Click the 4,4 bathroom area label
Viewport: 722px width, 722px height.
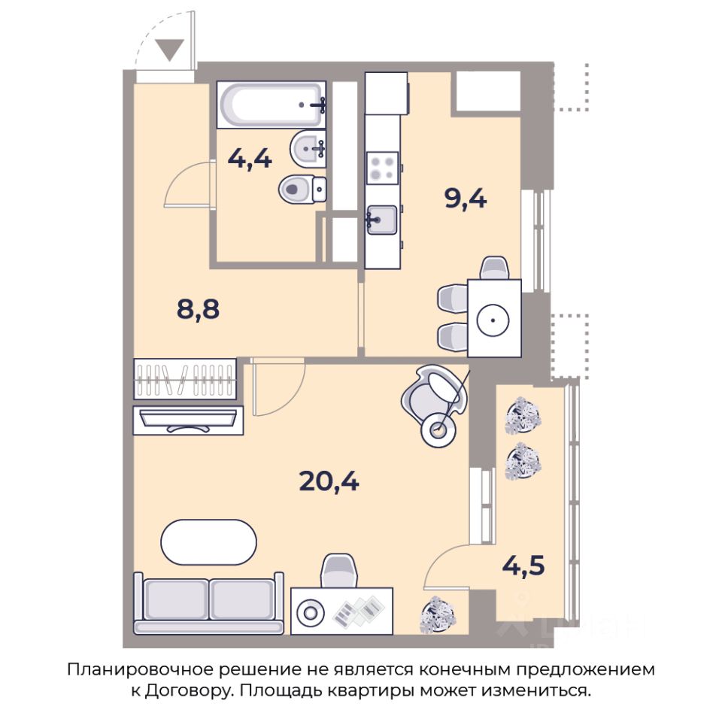[250, 159]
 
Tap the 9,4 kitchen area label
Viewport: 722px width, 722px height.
[466, 199]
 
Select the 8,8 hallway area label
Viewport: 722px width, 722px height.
[198, 309]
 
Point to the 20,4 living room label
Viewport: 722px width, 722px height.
[329, 482]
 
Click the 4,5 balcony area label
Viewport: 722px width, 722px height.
[523, 565]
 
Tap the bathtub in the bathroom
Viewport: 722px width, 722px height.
[272, 105]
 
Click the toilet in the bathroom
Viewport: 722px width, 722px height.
[302, 189]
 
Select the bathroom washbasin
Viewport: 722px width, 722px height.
[308, 148]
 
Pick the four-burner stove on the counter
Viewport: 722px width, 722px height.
[382, 168]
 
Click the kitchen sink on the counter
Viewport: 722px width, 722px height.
[382, 220]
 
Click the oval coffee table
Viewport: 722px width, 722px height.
[208, 542]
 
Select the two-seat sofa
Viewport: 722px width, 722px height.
[208, 603]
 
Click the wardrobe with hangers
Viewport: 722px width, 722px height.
[185, 379]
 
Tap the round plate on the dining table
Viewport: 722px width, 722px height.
[493, 320]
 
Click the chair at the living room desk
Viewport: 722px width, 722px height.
[338, 571]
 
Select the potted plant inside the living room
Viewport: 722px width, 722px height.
[438, 614]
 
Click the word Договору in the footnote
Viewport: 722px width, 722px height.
[187, 690]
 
